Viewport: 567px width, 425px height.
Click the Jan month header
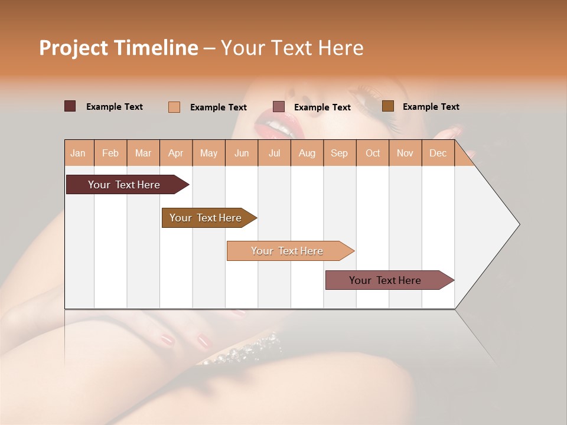[78, 153]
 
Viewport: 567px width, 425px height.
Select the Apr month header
[176, 153]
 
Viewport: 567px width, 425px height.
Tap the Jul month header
[274, 153]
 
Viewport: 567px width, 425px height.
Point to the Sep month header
[339, 153]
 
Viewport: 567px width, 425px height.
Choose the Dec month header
[438, 153]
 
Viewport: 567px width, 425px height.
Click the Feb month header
[110, 153]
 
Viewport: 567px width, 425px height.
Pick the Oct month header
[373, 153]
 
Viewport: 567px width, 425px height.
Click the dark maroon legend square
[70, 106]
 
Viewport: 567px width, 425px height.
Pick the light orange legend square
[174, 107]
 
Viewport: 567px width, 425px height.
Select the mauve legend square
[279, 107]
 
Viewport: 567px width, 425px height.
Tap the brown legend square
[387, 106]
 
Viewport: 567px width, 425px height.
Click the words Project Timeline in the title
[118, 48]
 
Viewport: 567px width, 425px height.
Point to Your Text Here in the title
[292, 48]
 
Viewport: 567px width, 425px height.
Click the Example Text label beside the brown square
[431, 107]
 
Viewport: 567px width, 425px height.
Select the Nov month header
[405, 153]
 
